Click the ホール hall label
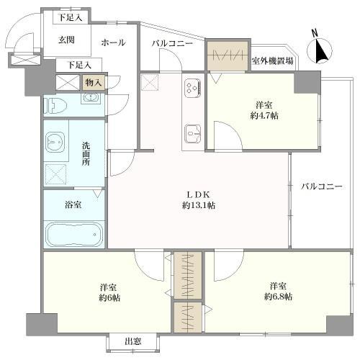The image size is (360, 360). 113,42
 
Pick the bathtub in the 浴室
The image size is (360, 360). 74,235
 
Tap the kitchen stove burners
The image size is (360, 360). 193,89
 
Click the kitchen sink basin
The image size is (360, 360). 193,132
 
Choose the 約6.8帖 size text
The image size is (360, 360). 278,297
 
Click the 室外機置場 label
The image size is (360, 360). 272,60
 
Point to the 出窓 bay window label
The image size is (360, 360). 132,341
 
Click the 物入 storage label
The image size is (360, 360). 94,83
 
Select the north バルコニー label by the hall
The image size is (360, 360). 171,44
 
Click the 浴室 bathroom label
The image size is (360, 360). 73,204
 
